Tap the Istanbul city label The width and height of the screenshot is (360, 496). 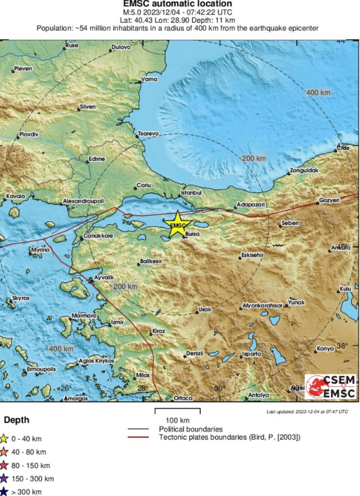tap(191, 193)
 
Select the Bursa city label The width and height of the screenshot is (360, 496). tap(192, 234)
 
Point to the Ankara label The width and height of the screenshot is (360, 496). tap(341, 248)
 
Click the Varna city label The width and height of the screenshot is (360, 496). tap(149, 79)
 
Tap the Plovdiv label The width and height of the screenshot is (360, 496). tap(29, 134)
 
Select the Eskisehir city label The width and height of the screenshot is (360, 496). tap(252, 255)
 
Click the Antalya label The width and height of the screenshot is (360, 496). tap(259, 395)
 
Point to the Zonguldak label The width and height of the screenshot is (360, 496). tap(304, 170)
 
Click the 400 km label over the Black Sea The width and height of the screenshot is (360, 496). tap(318, 93)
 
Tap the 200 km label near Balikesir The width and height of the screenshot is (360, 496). tap(125, 287)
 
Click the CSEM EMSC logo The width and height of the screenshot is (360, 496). tap(331, 387)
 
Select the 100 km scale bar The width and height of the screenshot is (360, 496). tap(178, 410)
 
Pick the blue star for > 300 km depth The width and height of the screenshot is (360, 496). tap(4, 492)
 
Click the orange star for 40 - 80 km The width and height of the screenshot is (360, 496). tap(4, 452)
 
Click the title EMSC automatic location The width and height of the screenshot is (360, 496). tap(178, 4)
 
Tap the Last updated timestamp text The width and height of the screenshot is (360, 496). tap(307, 411)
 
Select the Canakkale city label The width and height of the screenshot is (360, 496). tap(98, 236)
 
